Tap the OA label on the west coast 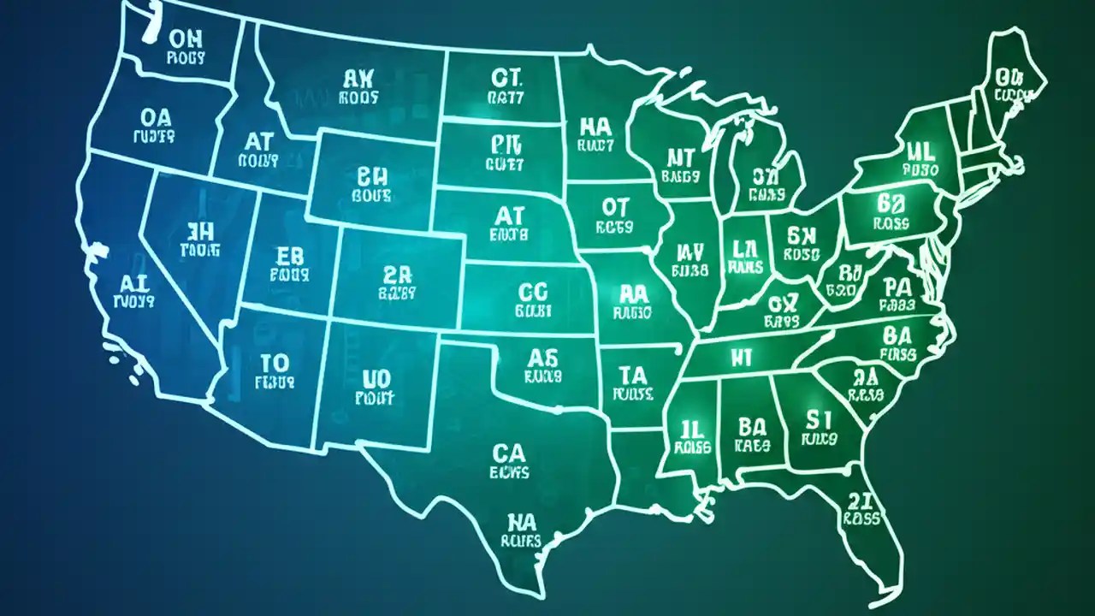[x=155, y=116]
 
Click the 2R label [x=397, y=274]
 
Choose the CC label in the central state [x=534, y=292]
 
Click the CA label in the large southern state [x=509, y=452]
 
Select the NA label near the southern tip [x=522, y=521]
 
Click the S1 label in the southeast [x=819, y=419]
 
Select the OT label [x=614, y=207]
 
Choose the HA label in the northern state [x=595, y=127]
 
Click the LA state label [x=745, y=249]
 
